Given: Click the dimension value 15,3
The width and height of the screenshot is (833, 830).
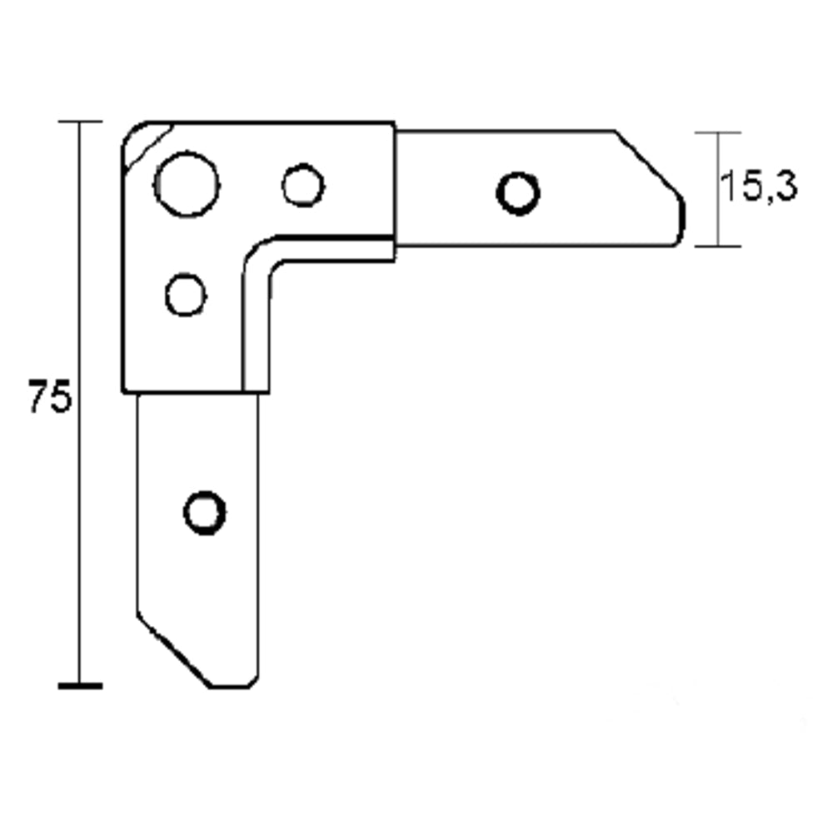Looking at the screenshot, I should click(757, 187).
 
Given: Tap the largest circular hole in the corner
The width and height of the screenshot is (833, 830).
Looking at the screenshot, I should click(187, 184).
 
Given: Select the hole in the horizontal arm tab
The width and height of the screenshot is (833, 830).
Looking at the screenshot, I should click(517, 193).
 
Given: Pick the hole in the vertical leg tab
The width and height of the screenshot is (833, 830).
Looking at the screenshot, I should click(204, 512).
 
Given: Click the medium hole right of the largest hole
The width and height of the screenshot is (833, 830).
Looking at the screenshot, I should click(302, 185).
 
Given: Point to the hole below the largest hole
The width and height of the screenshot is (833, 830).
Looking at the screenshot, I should click(186, 295).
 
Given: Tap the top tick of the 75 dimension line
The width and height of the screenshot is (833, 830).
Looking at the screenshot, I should click(80, 122).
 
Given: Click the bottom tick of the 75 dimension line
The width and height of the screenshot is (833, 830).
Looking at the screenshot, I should click(80, 686).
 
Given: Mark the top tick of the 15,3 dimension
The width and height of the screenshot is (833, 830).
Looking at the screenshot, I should click(718, 132).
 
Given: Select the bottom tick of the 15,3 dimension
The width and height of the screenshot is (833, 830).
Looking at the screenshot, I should click(718, 246).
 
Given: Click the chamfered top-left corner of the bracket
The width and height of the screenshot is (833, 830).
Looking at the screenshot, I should click(143, 142).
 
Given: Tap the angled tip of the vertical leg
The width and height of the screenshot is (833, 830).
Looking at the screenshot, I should click(175, 654).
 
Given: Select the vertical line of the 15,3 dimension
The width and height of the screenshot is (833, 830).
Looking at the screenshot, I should click(718, 189).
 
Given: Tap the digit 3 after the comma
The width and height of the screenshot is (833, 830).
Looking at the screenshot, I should click(785, 187).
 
